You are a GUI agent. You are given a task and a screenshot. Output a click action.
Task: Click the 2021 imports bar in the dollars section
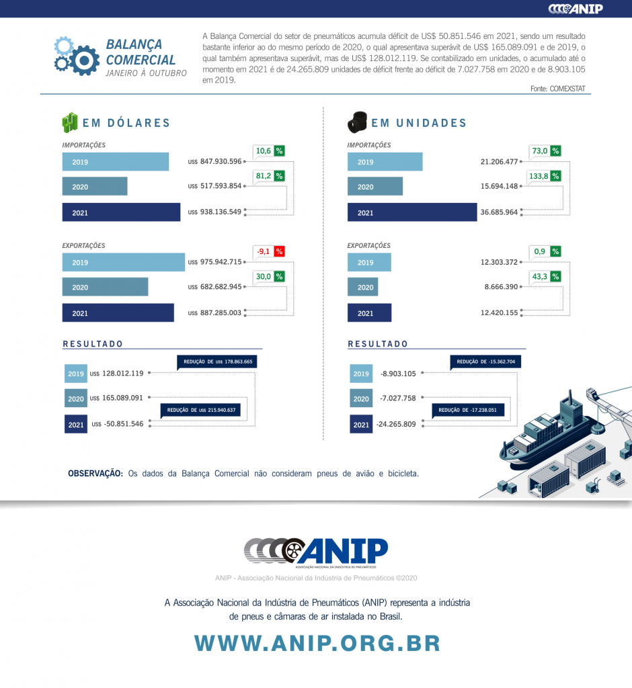tap(121, 212)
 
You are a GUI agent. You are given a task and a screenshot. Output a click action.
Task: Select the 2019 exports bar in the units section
tap(369, 262)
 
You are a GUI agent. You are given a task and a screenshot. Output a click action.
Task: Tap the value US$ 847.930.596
tap(215, 162)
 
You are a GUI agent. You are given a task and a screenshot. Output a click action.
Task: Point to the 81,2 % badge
tap(269, 176)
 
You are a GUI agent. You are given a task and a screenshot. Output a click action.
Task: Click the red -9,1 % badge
tap(269, 252)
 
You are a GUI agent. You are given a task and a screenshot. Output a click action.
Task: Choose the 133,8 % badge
tap(545, 176)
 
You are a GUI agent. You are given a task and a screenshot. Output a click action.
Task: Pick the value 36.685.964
tap(499, 212)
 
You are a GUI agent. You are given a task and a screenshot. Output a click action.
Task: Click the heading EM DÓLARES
tap(126, 123)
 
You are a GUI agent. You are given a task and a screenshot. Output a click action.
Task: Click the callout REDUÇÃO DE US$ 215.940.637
tap(200, 410)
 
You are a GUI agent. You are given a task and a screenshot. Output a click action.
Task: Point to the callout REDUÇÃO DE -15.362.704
tap(485, 361)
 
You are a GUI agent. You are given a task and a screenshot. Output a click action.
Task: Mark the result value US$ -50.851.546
tap(118, 424)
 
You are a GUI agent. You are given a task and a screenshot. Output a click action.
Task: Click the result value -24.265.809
tap(397, 424)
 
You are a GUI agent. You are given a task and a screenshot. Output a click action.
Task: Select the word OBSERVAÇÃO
tap(95, 474)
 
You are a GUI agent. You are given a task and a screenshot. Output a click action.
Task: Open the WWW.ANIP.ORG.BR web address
tap(317, 643)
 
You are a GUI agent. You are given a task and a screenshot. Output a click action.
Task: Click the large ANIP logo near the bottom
tap(316, 552)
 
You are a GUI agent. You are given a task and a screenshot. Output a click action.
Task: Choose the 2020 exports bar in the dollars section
tap(105, 288)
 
